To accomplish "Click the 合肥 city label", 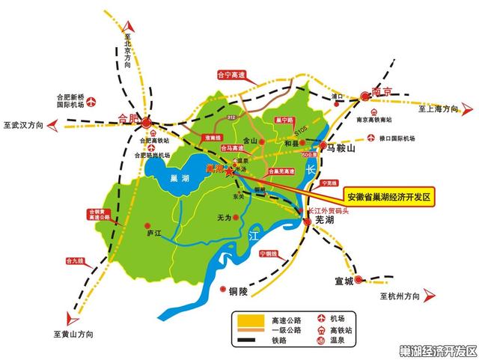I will coord(129,118).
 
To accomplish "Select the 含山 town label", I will coord(249,141).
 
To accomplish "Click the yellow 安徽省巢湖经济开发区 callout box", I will coord(390,196).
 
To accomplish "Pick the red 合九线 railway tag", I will coord(76,261).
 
